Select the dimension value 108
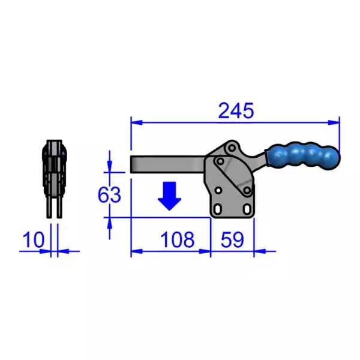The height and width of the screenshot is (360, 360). pos(178,240)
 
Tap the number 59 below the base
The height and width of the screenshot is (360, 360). pos(232,240)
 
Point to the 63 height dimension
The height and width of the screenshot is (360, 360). pos(110,194)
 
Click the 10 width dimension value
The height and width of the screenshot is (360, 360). pos(33,240)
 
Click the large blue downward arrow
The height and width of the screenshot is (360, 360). pos(170,196)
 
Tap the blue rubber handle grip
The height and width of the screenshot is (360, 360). pos(302,157)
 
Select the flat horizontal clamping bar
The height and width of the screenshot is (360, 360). pos(168,164)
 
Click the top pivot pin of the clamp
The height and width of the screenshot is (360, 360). pos(232,148)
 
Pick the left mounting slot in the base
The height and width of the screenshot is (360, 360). pos(219,209)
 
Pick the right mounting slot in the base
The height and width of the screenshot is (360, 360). pos(245,209)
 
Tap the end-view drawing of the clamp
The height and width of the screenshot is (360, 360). pos(54,174)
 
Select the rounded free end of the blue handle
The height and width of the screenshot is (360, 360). pos(334,159)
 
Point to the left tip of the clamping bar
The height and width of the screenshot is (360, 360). pos(132,164)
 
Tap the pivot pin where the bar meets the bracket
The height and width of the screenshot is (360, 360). pos(220,162)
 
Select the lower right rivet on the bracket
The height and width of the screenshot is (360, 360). pos(246,191)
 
